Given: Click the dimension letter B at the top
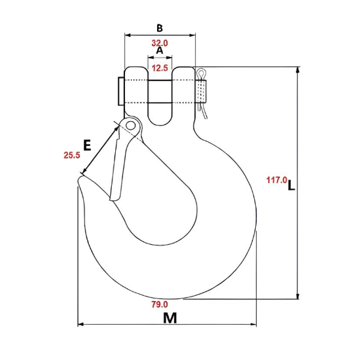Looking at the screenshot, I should pos(160,27).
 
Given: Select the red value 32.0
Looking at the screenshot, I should pos(160,43).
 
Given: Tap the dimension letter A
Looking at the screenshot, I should pos(160,50).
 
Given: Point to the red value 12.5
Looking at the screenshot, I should pos(160,67).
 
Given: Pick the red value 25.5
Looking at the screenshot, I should pos(71,155).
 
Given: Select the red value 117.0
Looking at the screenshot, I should pos(276,179).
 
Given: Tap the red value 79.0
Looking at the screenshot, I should pos(160,304).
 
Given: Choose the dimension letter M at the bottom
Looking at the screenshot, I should pos(170,318).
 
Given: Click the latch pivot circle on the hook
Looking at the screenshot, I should pos(131,124).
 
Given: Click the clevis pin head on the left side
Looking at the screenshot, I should pos(119,91).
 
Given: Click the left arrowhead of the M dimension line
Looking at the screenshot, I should pos(80,325).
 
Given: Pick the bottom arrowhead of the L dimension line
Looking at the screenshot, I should pos(299,296).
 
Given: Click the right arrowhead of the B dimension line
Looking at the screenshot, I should pos(194,34).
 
